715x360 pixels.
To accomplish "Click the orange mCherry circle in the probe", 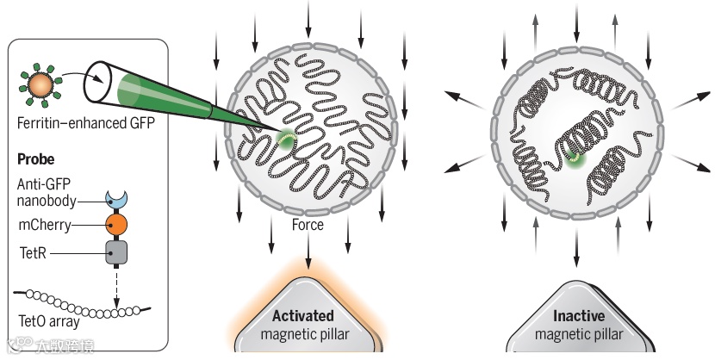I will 115,226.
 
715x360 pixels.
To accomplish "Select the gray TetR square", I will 115,252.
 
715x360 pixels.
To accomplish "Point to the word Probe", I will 36,160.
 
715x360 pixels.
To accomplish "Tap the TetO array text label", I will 48,323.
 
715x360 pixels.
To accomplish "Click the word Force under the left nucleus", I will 308,225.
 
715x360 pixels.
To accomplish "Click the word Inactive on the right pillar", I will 578,316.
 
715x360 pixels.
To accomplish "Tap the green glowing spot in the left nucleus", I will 285,140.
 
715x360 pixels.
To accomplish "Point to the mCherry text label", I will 44,226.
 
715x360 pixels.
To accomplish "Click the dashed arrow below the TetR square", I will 115,288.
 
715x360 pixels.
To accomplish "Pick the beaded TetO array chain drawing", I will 82,301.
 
